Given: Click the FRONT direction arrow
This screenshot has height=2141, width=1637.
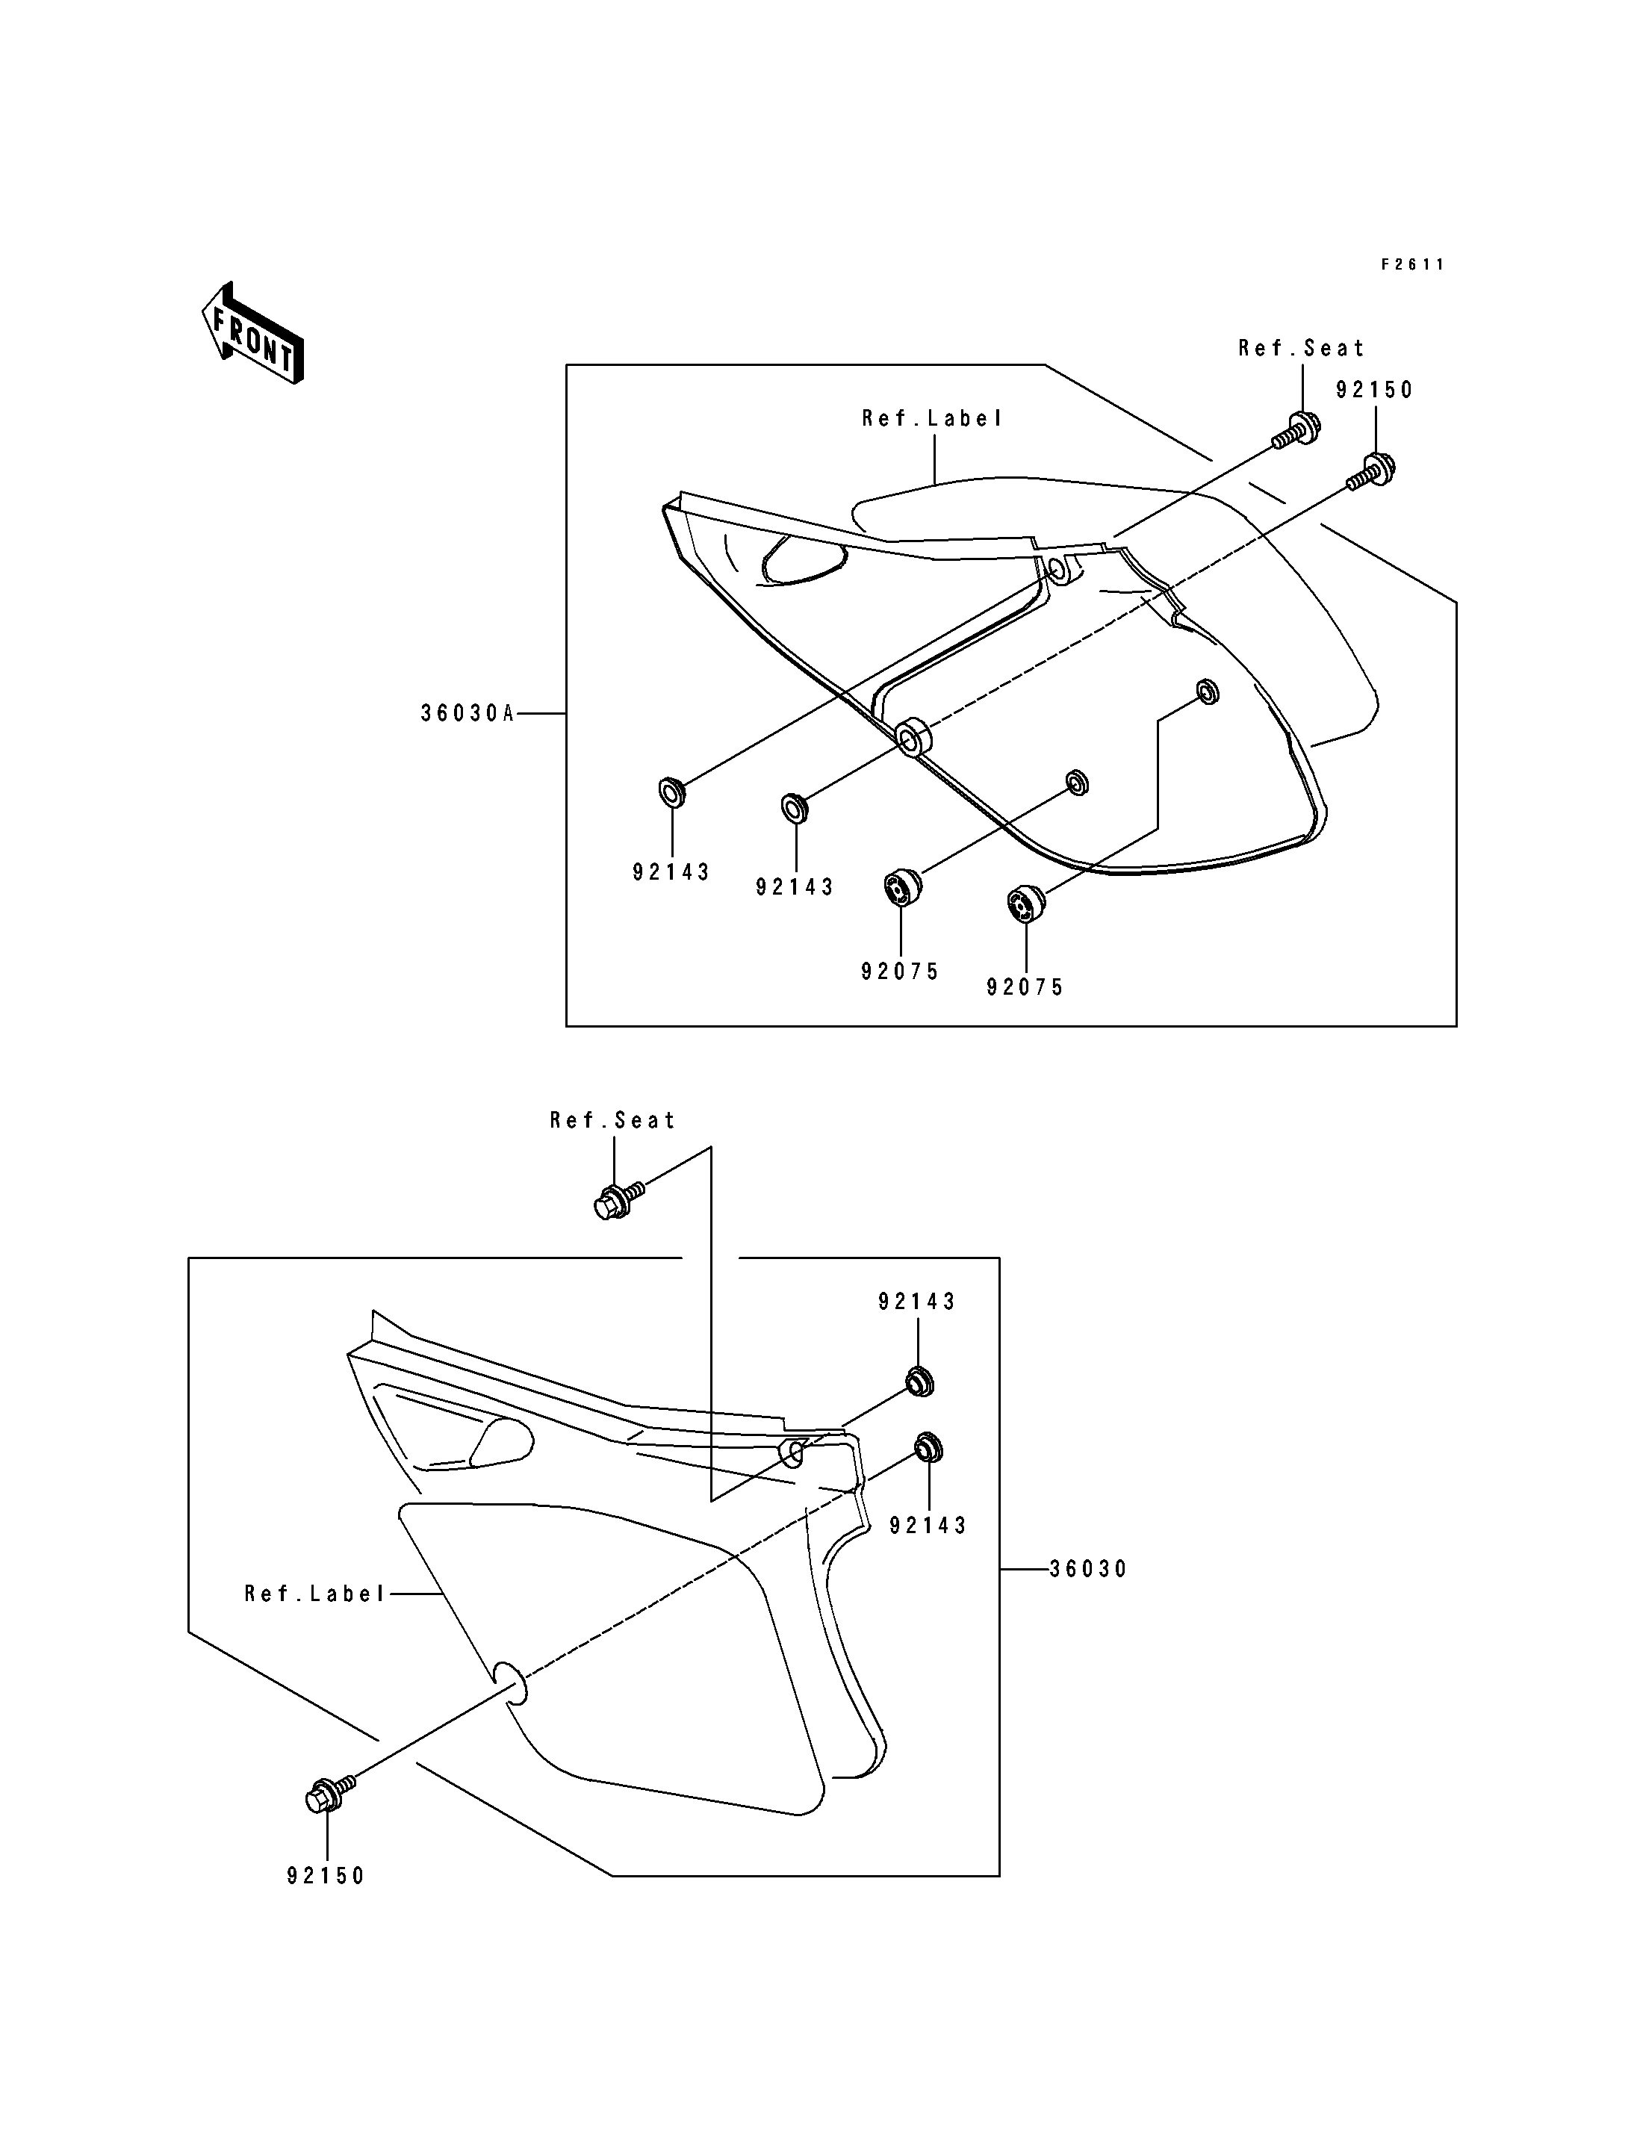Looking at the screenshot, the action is (252, 333).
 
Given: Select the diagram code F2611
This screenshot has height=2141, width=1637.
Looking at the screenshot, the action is (1413, 264).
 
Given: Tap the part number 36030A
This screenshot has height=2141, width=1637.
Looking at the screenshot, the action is (467, 713).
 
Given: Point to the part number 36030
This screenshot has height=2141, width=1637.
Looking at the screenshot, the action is (1087, 1569).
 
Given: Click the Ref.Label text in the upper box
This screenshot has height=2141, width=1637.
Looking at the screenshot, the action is (933, 418).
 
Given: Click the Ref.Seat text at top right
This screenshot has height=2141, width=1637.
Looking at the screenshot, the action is (1302, 348).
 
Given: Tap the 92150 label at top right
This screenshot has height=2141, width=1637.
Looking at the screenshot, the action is (1374, 390).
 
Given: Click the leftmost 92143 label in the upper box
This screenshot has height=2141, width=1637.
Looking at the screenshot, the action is (671, 872).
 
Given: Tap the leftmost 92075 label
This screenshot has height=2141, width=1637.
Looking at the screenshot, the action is (899, 971).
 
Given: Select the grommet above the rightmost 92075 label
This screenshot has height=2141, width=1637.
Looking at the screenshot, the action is (1025, 901).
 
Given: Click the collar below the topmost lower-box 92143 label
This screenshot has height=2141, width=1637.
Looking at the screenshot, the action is (919, 1381).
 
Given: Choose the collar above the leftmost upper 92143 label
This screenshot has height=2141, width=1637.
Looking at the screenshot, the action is (672, 792).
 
